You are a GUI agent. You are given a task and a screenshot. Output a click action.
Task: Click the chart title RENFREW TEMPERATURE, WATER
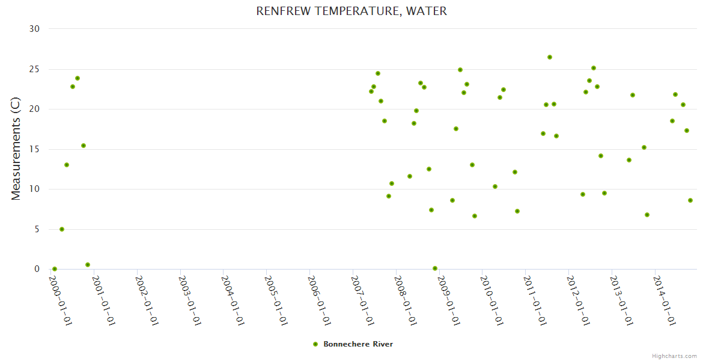351,11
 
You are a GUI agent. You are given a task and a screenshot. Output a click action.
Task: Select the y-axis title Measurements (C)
16,149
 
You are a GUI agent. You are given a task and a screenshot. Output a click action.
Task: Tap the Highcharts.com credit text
674,356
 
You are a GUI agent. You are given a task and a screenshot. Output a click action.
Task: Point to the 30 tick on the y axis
34,29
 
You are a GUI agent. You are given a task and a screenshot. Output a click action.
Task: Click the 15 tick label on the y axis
34,149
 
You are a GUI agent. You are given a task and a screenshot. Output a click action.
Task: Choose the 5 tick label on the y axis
37,229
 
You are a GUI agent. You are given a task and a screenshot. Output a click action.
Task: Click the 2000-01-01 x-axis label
60,299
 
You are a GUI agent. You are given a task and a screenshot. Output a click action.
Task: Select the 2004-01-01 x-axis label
232,299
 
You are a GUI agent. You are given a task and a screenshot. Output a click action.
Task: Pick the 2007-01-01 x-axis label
362,299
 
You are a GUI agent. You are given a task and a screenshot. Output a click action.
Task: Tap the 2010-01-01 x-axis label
491,299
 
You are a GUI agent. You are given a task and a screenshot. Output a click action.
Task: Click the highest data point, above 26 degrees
549,57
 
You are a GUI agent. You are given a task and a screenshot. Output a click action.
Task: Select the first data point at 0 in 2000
55,269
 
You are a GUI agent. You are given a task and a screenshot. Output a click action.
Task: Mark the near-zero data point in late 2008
435,268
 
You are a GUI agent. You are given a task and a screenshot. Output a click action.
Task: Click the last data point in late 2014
690,200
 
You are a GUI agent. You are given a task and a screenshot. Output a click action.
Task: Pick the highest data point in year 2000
78,78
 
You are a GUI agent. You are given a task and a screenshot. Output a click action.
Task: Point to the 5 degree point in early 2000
62,229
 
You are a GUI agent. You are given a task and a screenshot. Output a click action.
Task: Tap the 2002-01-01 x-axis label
146,299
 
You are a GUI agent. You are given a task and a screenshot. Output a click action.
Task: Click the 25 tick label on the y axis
34,69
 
